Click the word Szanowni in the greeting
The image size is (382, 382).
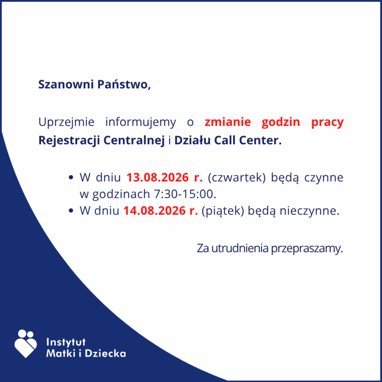click(x=66, y=85)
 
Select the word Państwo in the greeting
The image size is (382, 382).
click(x=124, y=85)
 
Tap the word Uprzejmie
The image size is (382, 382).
click(x=66, y=122)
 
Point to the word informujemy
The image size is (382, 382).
click(x=140, y=122)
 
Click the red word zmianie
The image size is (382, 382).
click(x=228, y=122)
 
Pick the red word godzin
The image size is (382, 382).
click(x=281, y=122)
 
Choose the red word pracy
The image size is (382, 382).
click(x=328, y=122)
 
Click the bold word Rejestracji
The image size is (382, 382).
click(x=69, y=140)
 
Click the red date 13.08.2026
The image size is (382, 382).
click(x=158, y=177)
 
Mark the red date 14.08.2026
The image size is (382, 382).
click(x=154, y=211)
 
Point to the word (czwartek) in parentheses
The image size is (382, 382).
click(x=236, y=178)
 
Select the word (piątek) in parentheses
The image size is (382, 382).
click(x=223, y=211)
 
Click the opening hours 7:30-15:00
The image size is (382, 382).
click(x=185, y=194)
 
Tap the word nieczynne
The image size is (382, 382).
click(x=309, y=211)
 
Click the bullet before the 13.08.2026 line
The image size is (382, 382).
click(x=71, y=177)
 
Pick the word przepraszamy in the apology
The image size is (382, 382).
click(x=307, y=249)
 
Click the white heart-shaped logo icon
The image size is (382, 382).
click(x=26, y=344)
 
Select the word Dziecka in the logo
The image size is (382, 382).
click(x=105, y=353)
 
